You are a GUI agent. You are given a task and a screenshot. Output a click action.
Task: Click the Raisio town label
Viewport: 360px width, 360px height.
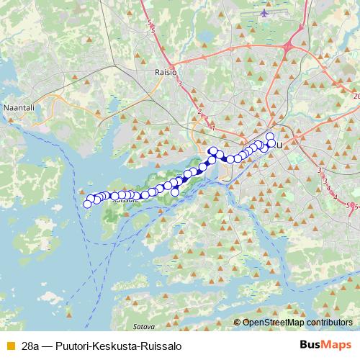point(166,72)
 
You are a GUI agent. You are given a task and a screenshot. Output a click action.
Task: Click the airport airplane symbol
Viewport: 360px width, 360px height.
point(266,13)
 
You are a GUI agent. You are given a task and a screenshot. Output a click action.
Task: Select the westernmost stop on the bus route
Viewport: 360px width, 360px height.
point(88,204)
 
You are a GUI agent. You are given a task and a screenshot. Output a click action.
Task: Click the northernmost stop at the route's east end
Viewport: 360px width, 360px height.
point(270,137)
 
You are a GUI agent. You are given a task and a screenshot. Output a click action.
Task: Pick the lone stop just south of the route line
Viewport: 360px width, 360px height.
point(174,192)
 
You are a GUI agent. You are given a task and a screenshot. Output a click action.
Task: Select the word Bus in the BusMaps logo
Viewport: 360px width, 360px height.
point(310,346)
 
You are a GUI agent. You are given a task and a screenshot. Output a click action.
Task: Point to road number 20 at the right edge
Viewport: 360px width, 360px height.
point(356,95)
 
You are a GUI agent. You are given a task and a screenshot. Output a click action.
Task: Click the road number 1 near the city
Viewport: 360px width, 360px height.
point(213,127)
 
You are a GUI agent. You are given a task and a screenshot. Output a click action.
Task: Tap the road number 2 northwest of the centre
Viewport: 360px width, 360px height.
point(198,111)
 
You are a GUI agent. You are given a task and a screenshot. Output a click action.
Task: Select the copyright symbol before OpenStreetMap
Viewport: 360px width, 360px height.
point(238,322)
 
